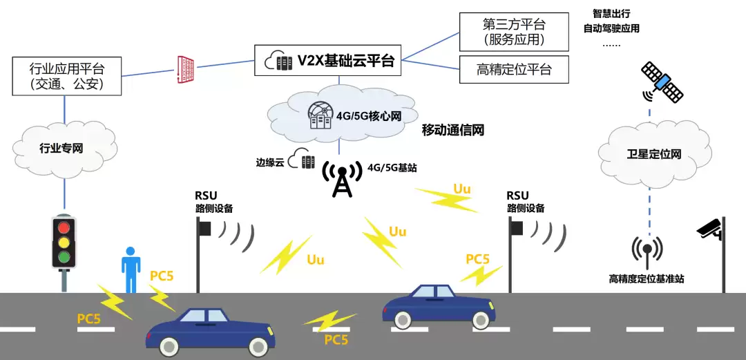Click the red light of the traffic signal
[x=64, y=228]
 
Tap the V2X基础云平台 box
[x=329, y=61]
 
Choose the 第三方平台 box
[x=514, y=31]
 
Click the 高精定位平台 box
[x=514, y=69]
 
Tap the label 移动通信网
[x=452, y=130]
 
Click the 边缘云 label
[x=270, y=163]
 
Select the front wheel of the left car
[x=257, y=347]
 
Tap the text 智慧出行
[x=611, y=13]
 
